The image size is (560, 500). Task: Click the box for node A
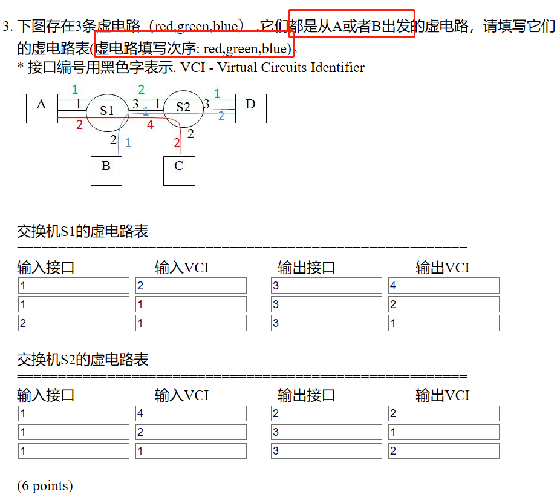(x=42, y=108)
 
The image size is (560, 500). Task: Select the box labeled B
(x=106, y=170)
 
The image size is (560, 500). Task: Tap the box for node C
(x=179, y=170)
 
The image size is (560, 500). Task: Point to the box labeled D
(x=250, y=108)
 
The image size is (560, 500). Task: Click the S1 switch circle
(x=107, y=111)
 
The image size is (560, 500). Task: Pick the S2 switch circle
(x=183, y=108)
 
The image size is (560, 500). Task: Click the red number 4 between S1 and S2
(x=150, y=125)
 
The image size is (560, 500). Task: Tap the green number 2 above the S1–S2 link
(x=141, y=90)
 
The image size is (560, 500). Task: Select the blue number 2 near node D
(x=221, y=116)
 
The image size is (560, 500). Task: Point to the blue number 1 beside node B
(x=128, y=143)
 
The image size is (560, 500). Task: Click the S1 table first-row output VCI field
(x=443, y=286)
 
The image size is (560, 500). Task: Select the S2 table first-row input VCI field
(x=190, y=414)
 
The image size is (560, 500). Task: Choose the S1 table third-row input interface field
(x=73, y=323)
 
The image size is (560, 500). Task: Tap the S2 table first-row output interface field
(x=326, y=414)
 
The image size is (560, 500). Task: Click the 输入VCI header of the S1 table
(x=181, y=268)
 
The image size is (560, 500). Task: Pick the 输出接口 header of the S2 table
(x=306, y=396)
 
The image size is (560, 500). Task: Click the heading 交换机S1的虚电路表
(x=83, y=232)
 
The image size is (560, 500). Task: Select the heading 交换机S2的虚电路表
(x=83, y=360)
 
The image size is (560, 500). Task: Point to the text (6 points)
(x=45, y=485)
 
